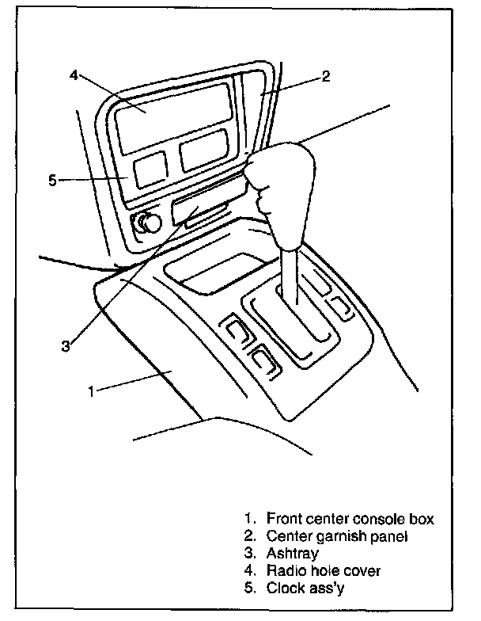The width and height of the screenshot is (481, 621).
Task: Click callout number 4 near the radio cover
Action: point(74,74)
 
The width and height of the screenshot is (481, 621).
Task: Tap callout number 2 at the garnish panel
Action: point(326,76)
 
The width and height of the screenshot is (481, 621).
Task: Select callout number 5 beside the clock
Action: point(52,181)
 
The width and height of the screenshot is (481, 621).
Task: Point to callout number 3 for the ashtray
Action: point(66,345)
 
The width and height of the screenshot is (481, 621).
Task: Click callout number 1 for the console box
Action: point(92,391)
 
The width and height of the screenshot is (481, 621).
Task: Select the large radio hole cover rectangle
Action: point(173,118)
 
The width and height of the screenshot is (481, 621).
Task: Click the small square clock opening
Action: point(150,170)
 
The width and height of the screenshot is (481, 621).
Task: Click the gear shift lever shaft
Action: point(290,276)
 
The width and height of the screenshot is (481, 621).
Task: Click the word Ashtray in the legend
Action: point(293,553)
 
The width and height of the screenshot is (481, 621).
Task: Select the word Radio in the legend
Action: point(286,570)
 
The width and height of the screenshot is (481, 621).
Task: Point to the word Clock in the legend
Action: point(286,588)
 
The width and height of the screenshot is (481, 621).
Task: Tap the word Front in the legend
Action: point(284,518)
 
